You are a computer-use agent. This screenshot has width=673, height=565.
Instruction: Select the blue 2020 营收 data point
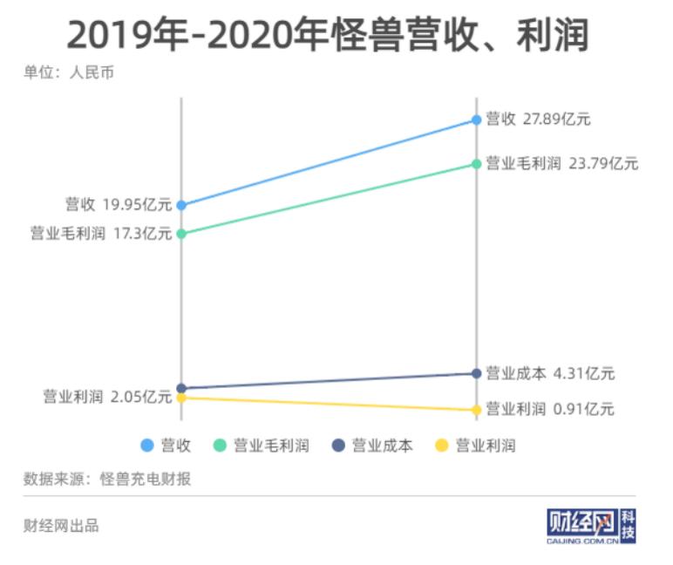click(476, 119)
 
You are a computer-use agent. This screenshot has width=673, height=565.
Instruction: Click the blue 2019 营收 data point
click(181, 205)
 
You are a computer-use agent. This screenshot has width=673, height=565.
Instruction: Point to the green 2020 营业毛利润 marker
click(476, 164)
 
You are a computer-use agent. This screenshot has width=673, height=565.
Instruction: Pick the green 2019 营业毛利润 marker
click(181, 234)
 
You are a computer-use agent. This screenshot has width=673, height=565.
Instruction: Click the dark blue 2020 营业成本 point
click(476, 373)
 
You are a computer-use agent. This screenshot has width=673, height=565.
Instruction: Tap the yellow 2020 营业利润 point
click(476, 410)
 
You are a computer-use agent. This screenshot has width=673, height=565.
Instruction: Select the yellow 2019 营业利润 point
click(181, 398)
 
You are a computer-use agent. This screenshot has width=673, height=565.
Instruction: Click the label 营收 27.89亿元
click(538, 119)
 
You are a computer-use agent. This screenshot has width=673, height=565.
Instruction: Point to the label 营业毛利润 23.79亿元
click(561, 163)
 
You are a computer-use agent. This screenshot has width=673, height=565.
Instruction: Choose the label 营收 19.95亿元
click(119, 205)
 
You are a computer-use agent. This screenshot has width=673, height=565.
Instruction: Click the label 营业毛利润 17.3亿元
click(101, 234)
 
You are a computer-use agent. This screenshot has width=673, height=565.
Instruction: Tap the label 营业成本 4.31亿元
click(550, 373)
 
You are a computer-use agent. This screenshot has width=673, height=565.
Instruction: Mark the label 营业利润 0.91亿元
click(550, 409)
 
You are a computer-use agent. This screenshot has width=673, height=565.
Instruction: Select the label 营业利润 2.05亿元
click(107, 397)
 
